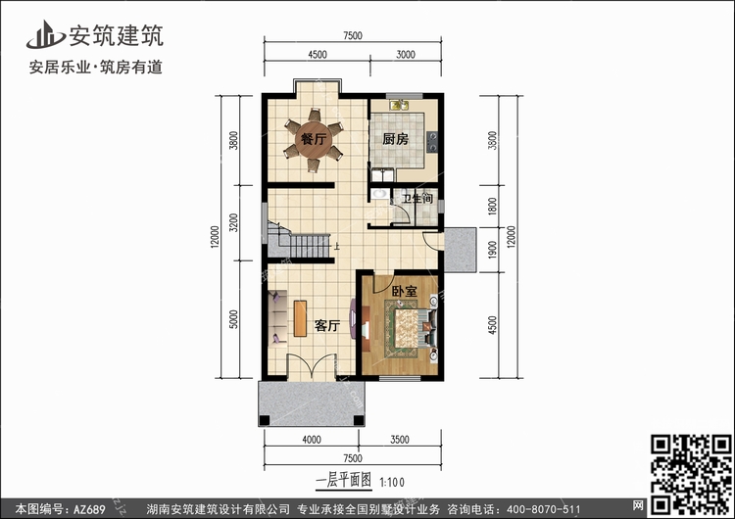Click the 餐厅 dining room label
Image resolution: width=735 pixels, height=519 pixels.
click(314, 139)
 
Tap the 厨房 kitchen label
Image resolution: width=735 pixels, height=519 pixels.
click(395, 139)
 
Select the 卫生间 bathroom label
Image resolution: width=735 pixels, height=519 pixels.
click(416, 199)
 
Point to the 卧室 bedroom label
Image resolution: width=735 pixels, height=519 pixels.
click(404, 291)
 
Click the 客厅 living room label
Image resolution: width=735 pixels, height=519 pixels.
click(327, 325)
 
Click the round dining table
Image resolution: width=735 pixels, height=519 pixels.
click(314, 140)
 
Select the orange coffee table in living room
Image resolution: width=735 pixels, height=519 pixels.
click(300, 318)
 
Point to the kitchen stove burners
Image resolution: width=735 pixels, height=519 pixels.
click(432, 142)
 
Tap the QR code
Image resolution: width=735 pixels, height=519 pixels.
click(691, 475)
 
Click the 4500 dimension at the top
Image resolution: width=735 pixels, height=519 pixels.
click(318, 54)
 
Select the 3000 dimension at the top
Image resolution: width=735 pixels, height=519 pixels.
click(406, 54)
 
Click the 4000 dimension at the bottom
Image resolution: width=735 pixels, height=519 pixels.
click(312, 440)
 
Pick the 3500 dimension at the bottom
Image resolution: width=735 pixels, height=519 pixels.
click(400, 440)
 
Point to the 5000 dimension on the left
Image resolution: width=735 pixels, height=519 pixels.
click(233, 319)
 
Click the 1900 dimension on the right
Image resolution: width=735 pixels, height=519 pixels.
click(492, 250)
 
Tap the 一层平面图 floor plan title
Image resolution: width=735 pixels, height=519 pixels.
click(344, 480)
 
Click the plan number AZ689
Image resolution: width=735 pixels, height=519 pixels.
click(89, 508)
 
